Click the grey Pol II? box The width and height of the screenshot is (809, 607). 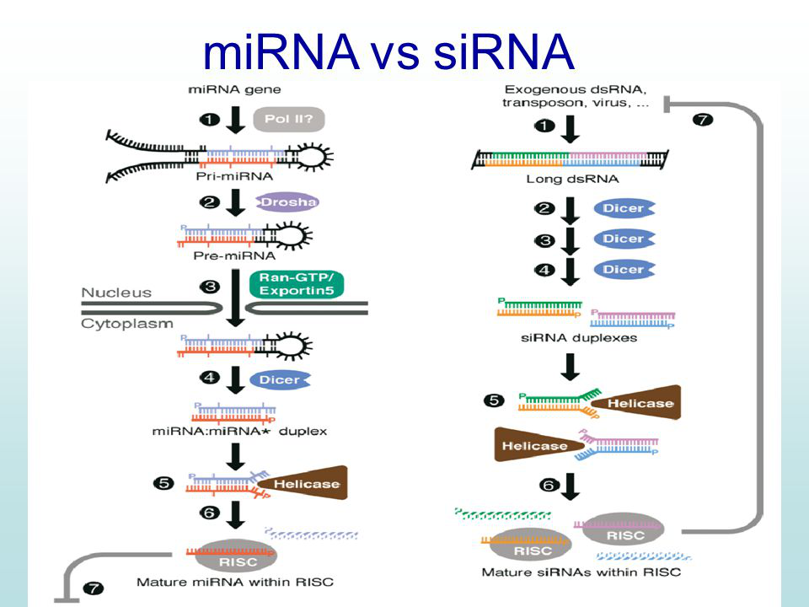(x=289, y=119)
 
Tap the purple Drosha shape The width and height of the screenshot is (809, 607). (x=288, y=201)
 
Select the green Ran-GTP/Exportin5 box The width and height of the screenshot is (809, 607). (x=297, y=284)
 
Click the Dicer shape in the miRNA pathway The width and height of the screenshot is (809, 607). (x=280, y=380)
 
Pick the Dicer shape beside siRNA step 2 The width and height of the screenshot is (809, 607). (x=624, y=208)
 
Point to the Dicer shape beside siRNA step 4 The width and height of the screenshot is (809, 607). (x=624, y=270)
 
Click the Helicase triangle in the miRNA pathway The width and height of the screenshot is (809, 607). (x=303, y=483)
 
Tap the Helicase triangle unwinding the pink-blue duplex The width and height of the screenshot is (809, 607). (x=539, y=444)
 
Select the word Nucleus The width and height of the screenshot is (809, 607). (x=116, y=293)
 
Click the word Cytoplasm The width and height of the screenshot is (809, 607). (x=127, y=324)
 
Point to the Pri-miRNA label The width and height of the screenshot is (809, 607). (x=235, y=176)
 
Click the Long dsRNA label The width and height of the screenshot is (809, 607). (x=572, y=179)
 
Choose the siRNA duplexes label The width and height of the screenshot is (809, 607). (x=579, y=338)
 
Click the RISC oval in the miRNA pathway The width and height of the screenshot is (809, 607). (x=238, y=556)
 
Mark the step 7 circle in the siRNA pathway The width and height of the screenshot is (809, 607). (x=703, y=120)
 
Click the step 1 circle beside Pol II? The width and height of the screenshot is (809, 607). (x=210, y=120)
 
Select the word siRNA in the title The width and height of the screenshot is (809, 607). (x=504, y=51)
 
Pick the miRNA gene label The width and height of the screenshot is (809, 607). (x=235, y=90)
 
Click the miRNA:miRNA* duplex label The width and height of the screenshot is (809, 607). (x=239, y=432)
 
